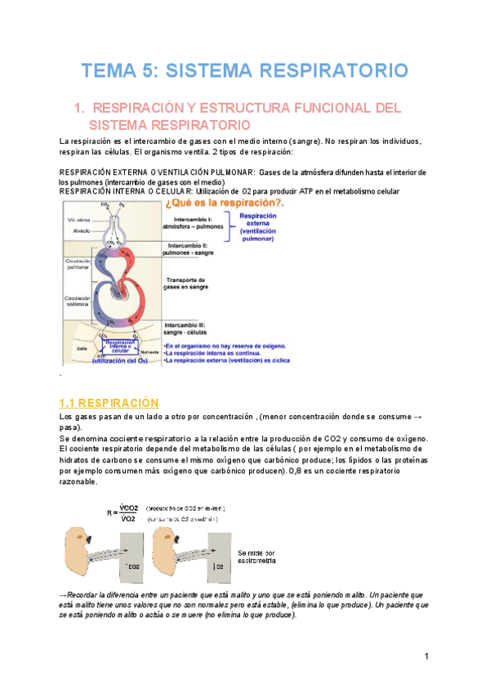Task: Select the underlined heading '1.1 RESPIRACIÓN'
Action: [109, 403]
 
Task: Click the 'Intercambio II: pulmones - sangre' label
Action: [193, 249]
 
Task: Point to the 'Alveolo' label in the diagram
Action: [80, 230]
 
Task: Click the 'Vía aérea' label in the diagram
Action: [79, 220]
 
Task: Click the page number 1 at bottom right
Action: [426, 657]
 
